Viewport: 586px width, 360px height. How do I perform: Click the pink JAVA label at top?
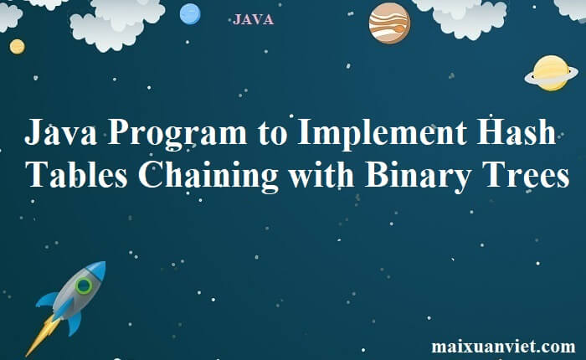[254, 19]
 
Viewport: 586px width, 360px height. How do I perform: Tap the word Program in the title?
[177, 134]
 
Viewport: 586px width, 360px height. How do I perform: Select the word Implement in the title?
[382, 134]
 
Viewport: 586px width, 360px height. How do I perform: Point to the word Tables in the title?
[78, 174]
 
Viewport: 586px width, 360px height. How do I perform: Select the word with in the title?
[321, 174]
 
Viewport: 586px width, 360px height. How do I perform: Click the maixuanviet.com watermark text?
[503, 346]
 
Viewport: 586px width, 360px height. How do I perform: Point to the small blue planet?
[190, 14]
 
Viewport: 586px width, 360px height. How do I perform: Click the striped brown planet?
[389, 23]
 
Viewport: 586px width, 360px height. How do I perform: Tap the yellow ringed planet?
[551, 74]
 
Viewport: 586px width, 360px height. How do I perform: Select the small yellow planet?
[18, 47]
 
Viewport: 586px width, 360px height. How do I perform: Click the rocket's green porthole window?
[84, 286]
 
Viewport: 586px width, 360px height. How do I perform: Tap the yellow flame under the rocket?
[42, 336]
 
